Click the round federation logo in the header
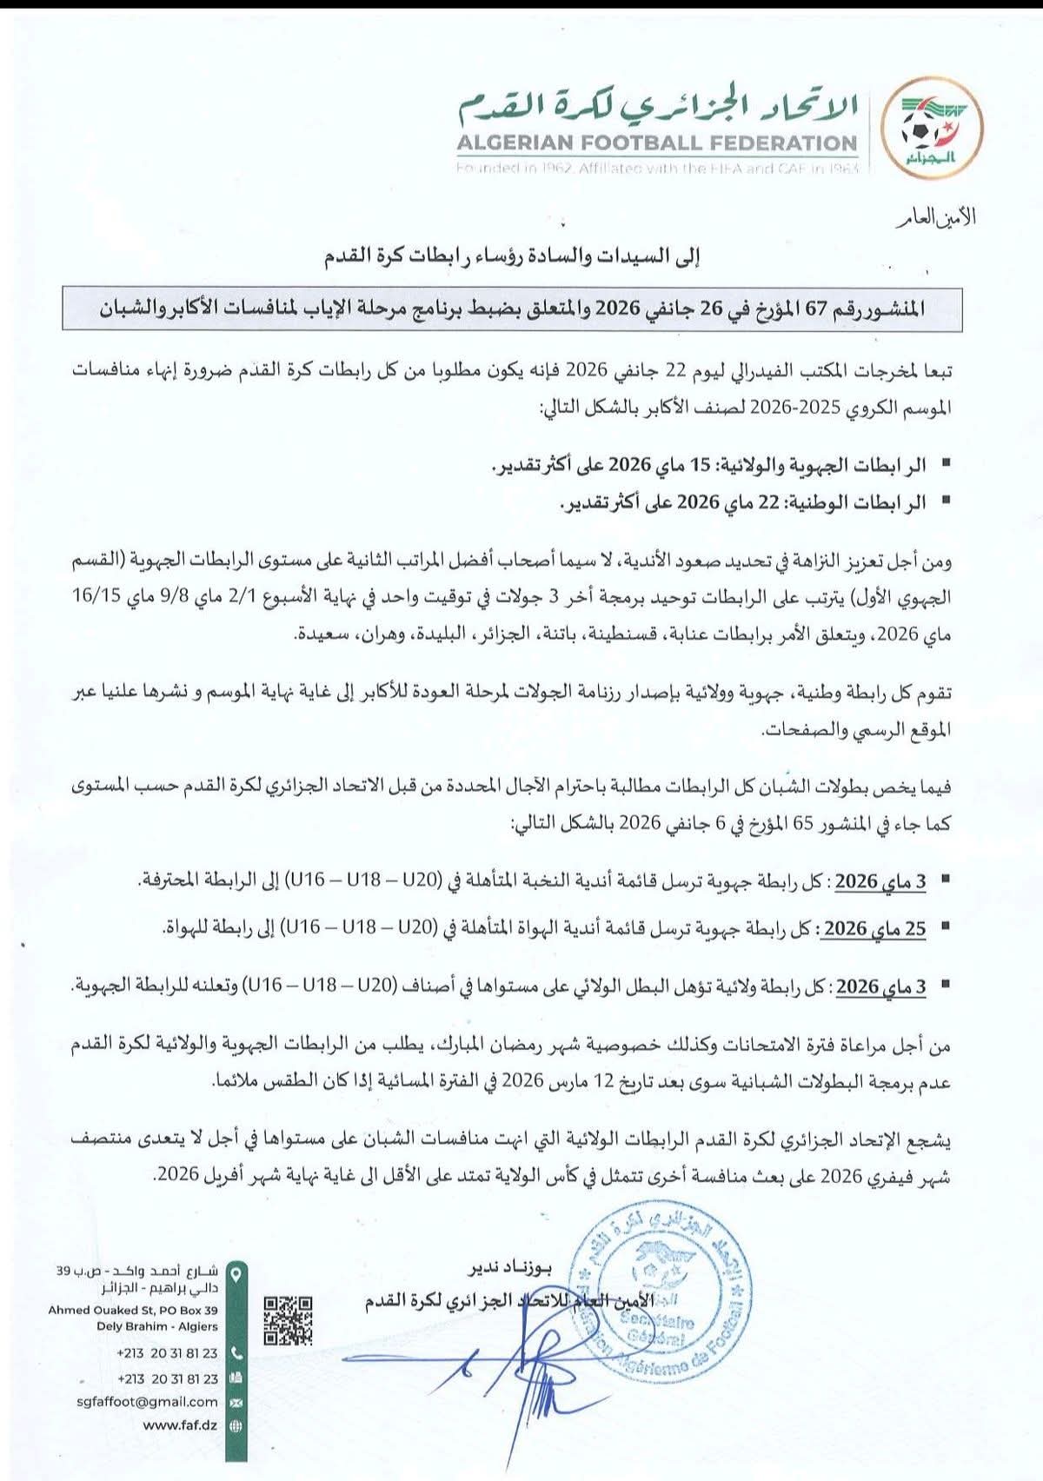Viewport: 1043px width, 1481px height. [928, 133]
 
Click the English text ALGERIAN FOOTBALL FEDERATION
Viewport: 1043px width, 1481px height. [658, 143]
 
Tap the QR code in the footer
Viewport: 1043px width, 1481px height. [288, 1321]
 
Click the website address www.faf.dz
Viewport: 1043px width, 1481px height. [180, 1425]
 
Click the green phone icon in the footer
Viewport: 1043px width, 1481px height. [236, 1353]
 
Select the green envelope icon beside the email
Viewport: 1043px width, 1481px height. [236, 1402]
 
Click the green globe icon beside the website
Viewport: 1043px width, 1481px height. [236, 1426]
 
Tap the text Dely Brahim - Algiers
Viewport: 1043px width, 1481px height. [157, 1326]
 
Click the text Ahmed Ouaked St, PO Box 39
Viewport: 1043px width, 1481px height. [133, 1310]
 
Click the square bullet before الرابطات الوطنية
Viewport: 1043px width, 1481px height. [946, 502]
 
